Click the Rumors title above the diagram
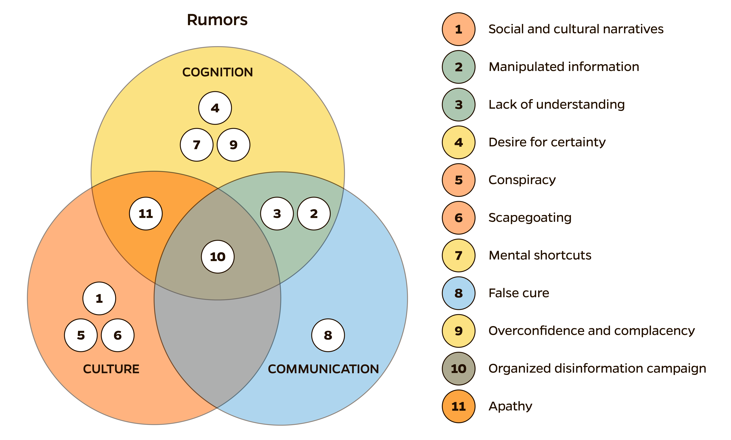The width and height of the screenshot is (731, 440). point(217,20)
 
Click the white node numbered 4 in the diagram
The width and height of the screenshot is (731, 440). point(215,108)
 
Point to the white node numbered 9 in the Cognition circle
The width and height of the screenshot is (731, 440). point(233,145)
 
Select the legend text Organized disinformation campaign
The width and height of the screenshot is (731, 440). point(597,369)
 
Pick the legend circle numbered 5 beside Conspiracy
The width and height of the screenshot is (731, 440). point(458,180)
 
